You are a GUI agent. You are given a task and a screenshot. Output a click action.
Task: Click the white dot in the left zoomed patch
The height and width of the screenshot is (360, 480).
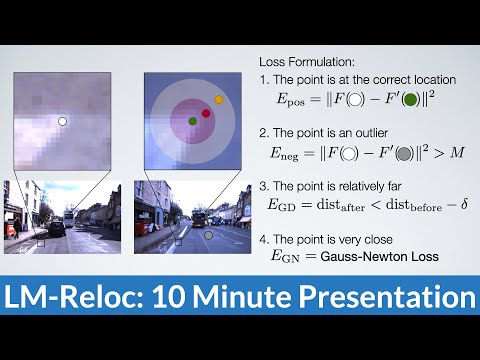tap(61, 121)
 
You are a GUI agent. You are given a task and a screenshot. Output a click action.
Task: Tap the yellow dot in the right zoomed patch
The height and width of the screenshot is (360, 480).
tap(219, 101)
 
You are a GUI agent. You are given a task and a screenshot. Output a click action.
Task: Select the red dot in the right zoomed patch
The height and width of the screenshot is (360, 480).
tap(206, 113)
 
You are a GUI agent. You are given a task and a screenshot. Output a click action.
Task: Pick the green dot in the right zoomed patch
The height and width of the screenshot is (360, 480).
tap(192, 121)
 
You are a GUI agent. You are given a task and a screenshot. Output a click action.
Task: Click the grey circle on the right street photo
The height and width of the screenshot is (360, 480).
tap(209, 237)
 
